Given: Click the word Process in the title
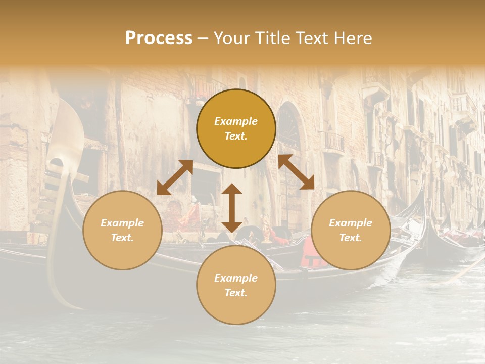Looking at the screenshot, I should click(159, 38).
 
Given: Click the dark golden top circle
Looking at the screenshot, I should click(236, 129).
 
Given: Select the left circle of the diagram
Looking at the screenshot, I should click(122, 230).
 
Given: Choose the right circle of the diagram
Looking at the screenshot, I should click(351, 230).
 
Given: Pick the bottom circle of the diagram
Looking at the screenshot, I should click(236, 285).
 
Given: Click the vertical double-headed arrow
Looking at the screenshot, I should click(232, 208).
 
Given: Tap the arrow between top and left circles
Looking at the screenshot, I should click(175, 177).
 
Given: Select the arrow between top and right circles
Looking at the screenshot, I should click(297, 172).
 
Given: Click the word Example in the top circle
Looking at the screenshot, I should click(236, 121).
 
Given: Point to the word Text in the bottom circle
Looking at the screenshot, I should click(236, 293).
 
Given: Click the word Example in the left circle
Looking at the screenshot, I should click(122, 223).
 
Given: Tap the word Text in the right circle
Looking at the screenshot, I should click(351, 238).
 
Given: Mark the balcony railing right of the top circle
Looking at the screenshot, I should click(333, 142).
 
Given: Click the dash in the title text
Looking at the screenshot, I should click(203, 38).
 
